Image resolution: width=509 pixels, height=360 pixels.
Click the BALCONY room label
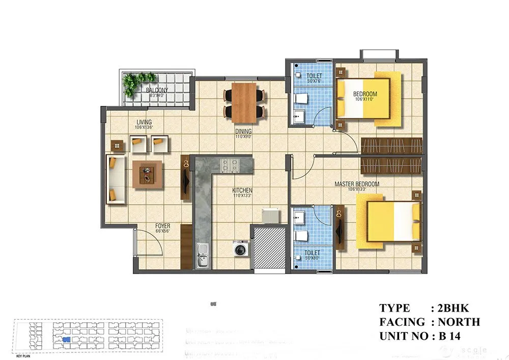coord(157,91)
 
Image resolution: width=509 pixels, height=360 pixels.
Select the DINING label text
coord(243,131)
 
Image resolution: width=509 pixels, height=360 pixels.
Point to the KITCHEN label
coord(243,190)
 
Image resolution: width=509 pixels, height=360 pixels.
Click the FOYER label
coord(163,226)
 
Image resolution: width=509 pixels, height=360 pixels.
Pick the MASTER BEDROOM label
coord(356,184)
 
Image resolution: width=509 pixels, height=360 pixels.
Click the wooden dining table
coord(245,102)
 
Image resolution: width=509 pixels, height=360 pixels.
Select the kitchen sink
coord(203,256)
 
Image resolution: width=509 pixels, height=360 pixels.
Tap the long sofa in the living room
coord(117,179)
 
